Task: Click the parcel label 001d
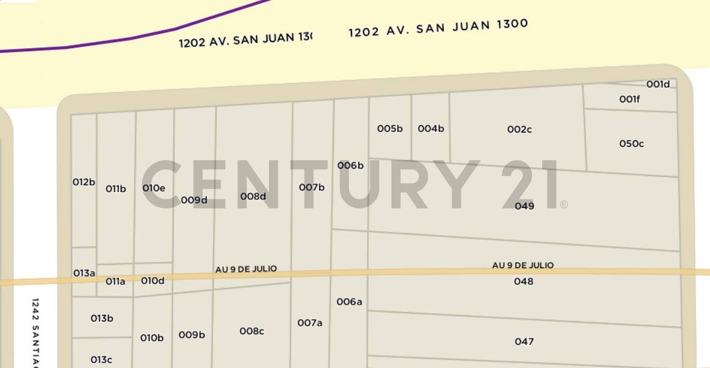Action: click(658, 84)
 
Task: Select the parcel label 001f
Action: click(629, 99)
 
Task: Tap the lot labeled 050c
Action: click(631, 144)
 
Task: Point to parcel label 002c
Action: click(519, 129)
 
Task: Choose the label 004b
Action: click(431, 129)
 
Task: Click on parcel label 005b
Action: click(390, 129)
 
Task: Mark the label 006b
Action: click(350, 166)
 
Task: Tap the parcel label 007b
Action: click(312, 187)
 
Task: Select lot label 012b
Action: click(84, 182)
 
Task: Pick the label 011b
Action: click(116, 189)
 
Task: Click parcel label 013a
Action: click(84, 273)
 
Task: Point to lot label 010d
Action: click(153, 281)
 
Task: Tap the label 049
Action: click(524, 206)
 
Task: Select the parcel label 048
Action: click(523, 281)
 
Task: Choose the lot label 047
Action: click(524, 341)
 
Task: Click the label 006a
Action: click(349, 302)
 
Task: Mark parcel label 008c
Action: click(252, 331)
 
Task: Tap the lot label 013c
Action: click(101, 360)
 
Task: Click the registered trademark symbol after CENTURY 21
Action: click(564, 205)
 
